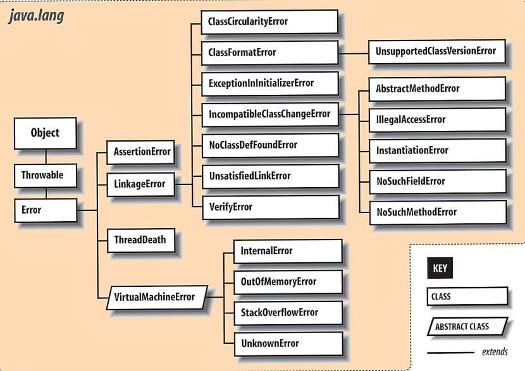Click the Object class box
click(x=45, y=133)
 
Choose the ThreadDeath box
click(x=139, y=240)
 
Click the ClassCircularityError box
click(x=268, y=21)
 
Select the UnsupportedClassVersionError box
click(x=436, y=51)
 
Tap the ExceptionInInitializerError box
click(x=268, y=83)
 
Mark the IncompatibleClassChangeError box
click(x=269, y=114)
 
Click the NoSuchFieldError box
click(x=437, y=181)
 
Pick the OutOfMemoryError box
click(x=287, y=282)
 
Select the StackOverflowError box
click(x=287, y=313)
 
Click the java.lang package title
click(x=36, y=16)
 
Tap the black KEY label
click(x=440, y=268)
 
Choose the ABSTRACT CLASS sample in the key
click(x=467, y=327)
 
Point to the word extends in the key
click(x=494, y=352)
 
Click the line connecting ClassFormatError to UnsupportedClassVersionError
click(x=353, y=52)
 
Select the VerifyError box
click(x=268, y=207)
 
